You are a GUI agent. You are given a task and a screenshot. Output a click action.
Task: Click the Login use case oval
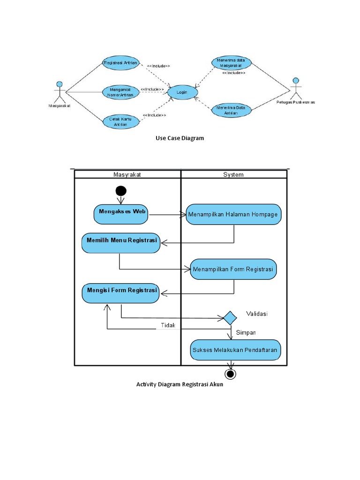[x=181, y=92]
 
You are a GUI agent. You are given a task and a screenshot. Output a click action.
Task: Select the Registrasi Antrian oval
[x=120, y=63]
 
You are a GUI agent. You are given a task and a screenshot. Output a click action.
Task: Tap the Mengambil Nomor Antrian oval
[x=120, y=92]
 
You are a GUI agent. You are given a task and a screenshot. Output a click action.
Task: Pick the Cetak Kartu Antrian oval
[x=120, y=121]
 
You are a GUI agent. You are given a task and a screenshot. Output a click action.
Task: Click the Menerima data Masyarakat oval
[x=231, y=63]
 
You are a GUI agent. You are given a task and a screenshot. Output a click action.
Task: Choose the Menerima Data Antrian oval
[x=231, y=110]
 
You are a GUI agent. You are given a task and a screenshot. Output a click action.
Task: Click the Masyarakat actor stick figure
[x=59, y=92]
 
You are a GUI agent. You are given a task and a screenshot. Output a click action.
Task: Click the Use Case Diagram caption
[x=180, y=138]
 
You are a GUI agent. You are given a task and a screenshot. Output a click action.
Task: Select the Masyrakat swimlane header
[x=127, y=175]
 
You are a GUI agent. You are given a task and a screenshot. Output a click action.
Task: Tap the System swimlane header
[x=233, y=175]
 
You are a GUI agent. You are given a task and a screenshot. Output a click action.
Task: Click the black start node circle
[x=120, y=191]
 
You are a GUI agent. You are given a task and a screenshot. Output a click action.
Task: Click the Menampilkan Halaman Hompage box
[x=233, y=215]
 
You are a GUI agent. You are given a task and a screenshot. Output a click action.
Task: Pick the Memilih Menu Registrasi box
[x=121, y=242]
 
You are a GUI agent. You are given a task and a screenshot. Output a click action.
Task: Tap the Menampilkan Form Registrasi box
[x=233, y=270]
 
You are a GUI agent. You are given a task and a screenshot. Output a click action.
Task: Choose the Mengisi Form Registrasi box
[x=121, y=292]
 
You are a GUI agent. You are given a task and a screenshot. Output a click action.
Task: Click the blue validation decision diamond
[x=230, y=317]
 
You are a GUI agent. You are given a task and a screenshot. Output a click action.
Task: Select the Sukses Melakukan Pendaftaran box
[x=236, y=350]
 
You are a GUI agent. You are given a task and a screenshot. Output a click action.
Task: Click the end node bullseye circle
[x=230, y=374]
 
